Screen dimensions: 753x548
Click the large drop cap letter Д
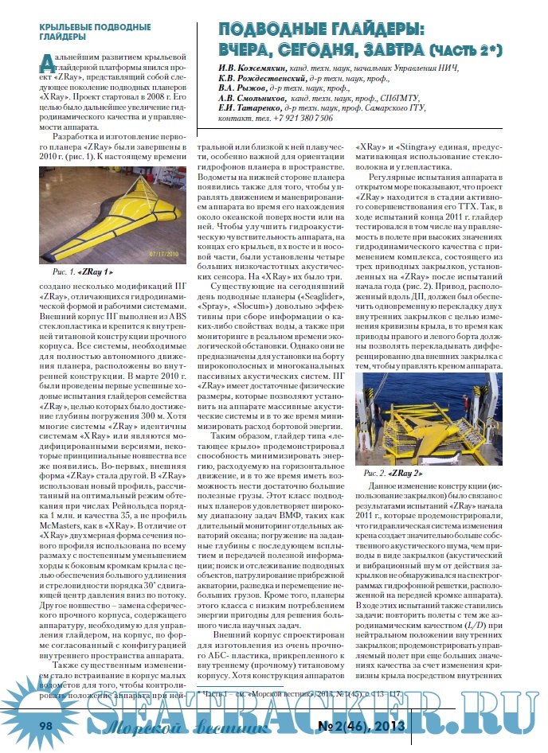click(46, 61)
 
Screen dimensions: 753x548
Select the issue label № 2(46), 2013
click(362, 726)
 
